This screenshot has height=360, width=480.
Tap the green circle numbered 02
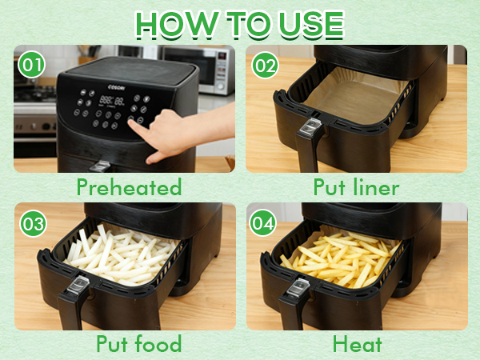pyautogui.click(x=264, y=64)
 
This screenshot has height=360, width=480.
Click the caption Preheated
pyautogui.click(x=129, y=188)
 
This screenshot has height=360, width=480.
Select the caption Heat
pyautogui.click(x=357, y=345)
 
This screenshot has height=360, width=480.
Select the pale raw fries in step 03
pyautogui.click(x=120, y=252)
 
